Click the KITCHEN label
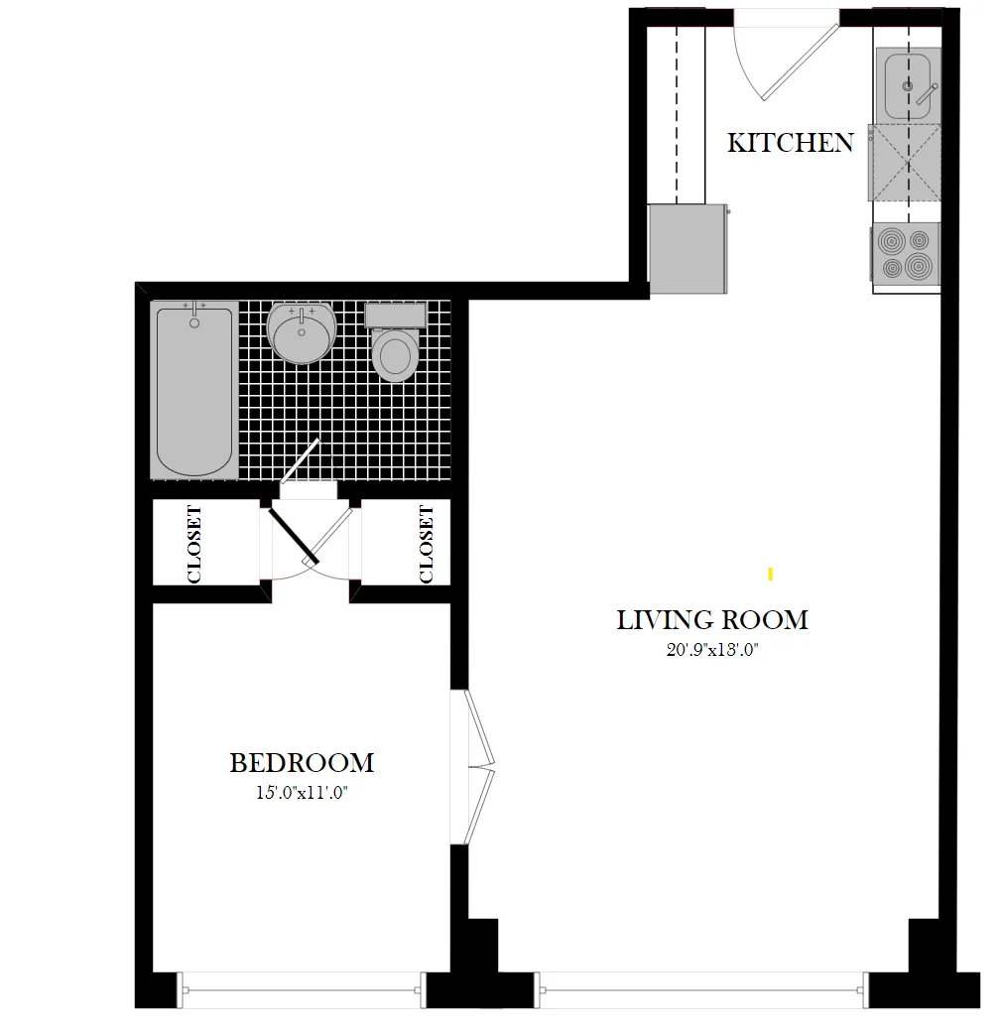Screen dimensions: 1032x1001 pos(790,143)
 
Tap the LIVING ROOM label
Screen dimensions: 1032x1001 pos(712,620)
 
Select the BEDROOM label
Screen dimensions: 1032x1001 pos(302,763)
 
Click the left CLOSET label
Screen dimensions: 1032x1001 pos(194,544)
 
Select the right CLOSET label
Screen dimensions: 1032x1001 pos(427,544)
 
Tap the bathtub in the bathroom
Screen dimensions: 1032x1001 pos(194,390)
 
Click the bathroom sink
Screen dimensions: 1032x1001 pos(301,333)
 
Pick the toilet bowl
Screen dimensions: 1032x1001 pos(395,355)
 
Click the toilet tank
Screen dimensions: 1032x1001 pos(395,316)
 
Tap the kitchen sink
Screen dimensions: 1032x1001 pos(906,86)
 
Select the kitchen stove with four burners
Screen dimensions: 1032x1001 pos(906,254)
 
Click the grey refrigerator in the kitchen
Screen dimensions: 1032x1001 pos(687,248)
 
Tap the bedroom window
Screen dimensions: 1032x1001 pos(302,988)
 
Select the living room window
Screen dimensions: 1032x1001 pos(703,988)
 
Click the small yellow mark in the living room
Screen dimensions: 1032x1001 pos(770,574)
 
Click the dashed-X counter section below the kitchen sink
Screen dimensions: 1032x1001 pos(905,162)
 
